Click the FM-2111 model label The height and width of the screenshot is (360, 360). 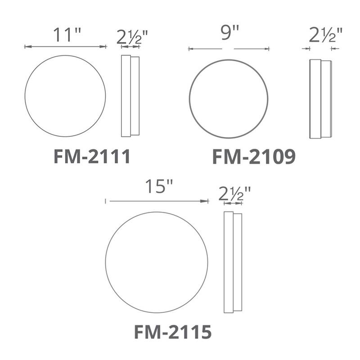click(92, 157)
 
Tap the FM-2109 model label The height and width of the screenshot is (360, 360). click(254, 157)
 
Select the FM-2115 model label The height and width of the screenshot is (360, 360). click(173, 332)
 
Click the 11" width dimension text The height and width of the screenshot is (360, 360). click(66, 35)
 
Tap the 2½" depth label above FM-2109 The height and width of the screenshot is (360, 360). click(326, 35)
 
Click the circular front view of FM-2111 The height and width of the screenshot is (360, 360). click(65, 96)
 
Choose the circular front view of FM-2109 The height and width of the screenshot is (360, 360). click(229, 99)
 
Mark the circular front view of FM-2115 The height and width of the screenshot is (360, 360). click(157, 263)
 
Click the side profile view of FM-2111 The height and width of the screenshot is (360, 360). click(130, 96)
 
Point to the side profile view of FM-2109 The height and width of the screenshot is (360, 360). click(320, 99)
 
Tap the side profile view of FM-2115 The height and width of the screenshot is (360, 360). click(233, 262)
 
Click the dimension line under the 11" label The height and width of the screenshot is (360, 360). click(65, 46)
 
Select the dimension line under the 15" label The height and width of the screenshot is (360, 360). click(157, 201)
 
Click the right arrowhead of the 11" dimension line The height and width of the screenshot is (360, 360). click(103, 46)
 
